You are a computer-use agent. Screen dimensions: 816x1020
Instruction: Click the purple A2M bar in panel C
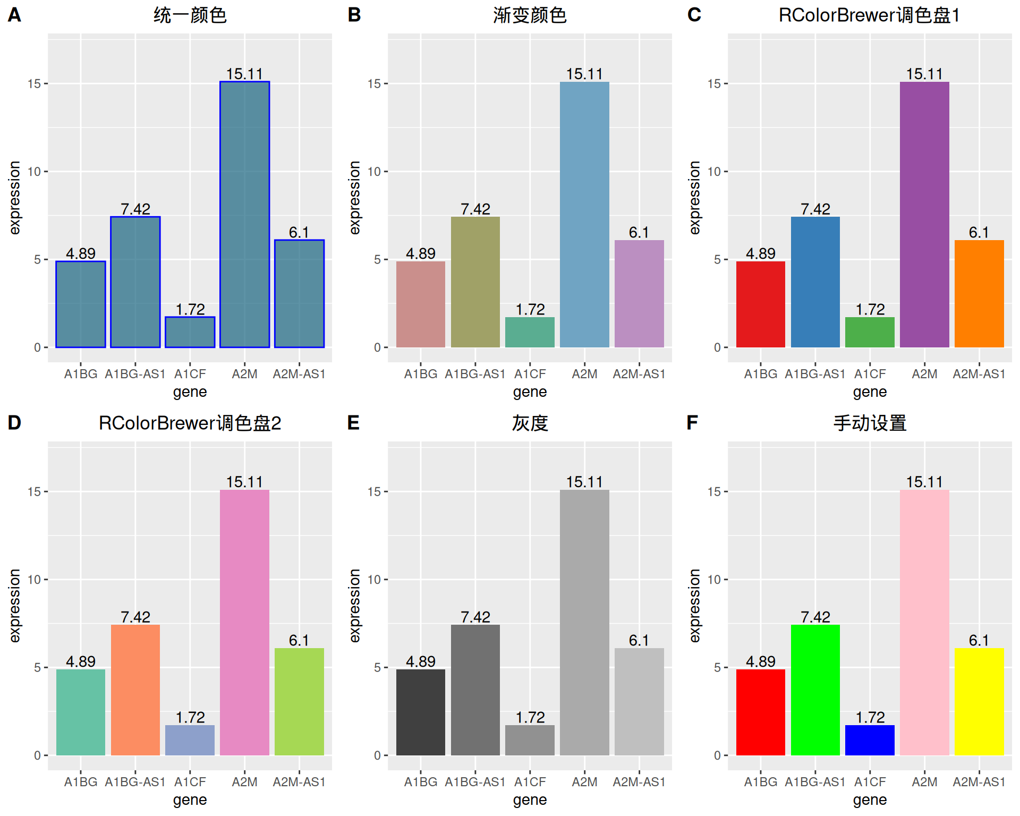pyautogui.click(x=924, y=215)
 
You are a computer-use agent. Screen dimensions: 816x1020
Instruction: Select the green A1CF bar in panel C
pyautogui.click(x=870, y=332)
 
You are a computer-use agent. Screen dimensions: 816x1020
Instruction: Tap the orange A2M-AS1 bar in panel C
pyautogui.click(x=979, y=294)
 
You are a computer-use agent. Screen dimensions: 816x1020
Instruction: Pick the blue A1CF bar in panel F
pyautogui.click(x=870, y=740)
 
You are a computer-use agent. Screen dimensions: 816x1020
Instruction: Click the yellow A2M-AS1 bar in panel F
pyautogui.click(x=979, y=701)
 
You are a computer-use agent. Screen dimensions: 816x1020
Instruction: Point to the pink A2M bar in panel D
pyautogui.click(x=244, y=623)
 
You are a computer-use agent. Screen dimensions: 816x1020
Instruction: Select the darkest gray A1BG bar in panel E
pyautogui.click(x=421, y=712)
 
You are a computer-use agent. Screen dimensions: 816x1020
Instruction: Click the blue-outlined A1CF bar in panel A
pyautogui.click(x=190, y=332)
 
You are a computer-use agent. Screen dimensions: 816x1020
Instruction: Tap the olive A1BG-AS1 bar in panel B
pyautogui.click(x=475, y=282)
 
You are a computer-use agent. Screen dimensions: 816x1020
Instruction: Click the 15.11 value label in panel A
pyautogui.click(x=244, y=74)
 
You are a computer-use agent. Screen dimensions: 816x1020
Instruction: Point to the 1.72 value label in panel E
pyautogui.click(x=530, y=717)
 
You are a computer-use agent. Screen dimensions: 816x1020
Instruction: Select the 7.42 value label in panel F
pyautogui.click(x=815, y=617)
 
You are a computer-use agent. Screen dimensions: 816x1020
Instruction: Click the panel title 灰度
pyautogui.click(x=530, y=423)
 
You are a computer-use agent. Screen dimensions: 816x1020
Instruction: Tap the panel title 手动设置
pyautogui.click(x=870, y=423)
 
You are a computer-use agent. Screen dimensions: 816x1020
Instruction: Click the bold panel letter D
pyautogui.click(x=14, y=423)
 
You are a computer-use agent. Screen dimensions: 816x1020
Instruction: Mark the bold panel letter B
pyautogui.click(x=354, y=15)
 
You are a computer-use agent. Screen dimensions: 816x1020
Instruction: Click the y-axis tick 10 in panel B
pyautogui.click(x=375, y=172)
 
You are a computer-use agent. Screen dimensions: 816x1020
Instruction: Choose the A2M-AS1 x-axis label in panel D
pyautogui.click(x=299, y=782)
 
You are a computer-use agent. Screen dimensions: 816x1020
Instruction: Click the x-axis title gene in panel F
pyautogui.click(x=870, y=800)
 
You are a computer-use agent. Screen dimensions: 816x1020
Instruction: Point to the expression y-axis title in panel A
pyautogui.click(x=15, y=198)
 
